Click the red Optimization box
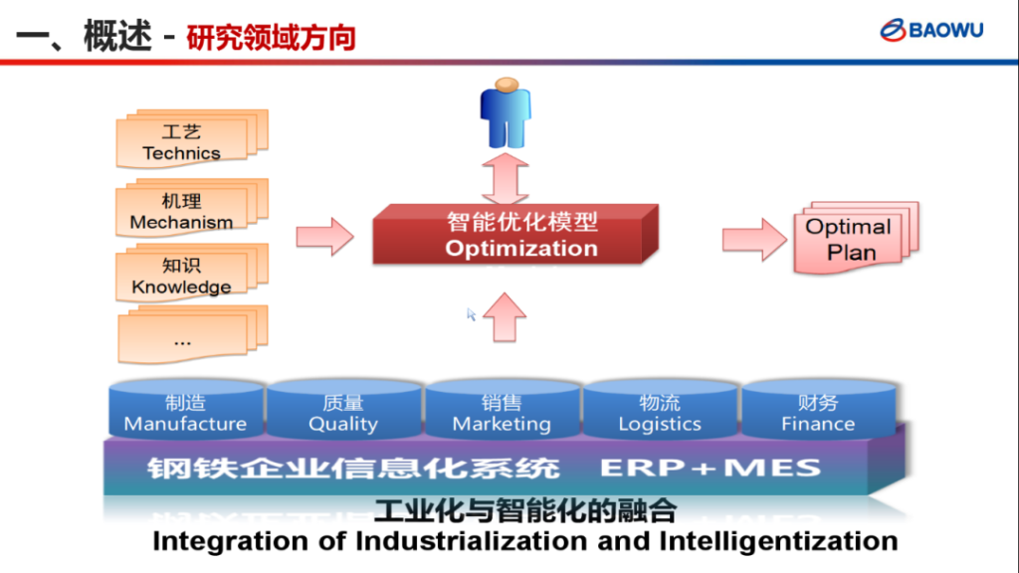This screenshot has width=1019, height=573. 515,236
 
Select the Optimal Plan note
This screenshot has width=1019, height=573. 851,240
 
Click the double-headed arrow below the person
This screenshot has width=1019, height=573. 506,177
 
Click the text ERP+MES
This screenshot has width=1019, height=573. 711,468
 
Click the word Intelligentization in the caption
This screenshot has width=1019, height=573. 778,541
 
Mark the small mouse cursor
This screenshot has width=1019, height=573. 472,314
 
